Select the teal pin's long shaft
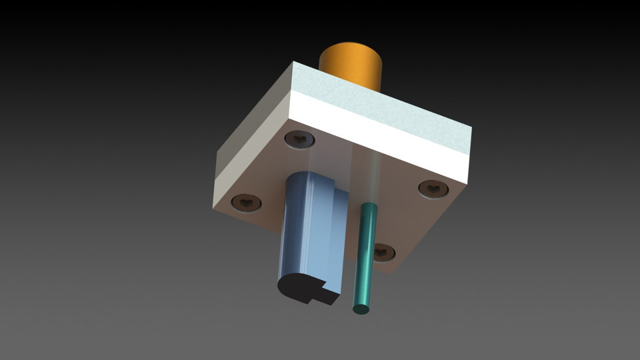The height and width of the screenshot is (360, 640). (x=365, y=253)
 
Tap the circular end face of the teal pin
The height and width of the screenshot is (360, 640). (x=361, y=309)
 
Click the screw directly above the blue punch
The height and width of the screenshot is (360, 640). (x=299, y=139)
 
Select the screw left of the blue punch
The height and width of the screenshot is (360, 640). (x=246, y=202)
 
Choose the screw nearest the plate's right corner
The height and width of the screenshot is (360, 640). (x=433, y=189)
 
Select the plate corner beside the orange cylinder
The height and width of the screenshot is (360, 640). (x=293, y=62)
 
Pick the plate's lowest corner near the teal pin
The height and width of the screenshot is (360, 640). (x=398, y=272)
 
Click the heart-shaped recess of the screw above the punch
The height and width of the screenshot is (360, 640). (x=300, y=139)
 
